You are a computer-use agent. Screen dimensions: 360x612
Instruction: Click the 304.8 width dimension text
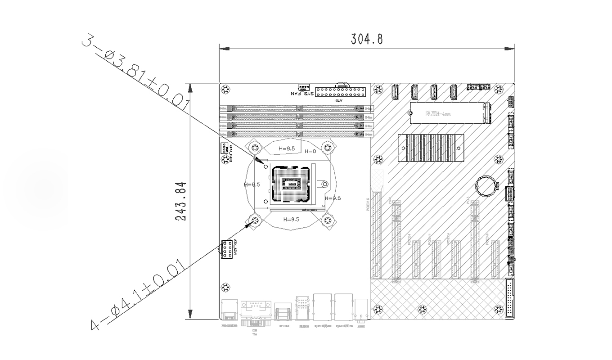[367, 39]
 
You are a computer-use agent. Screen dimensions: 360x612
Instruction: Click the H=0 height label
[310, 151]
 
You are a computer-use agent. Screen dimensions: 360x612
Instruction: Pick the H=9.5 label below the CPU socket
[291, 219]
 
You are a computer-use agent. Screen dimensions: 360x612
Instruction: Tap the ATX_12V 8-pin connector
[226, 249]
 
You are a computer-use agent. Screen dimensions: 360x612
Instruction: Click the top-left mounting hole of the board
[226, 89]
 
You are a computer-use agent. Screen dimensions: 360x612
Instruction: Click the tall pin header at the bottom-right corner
[510, 298]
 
